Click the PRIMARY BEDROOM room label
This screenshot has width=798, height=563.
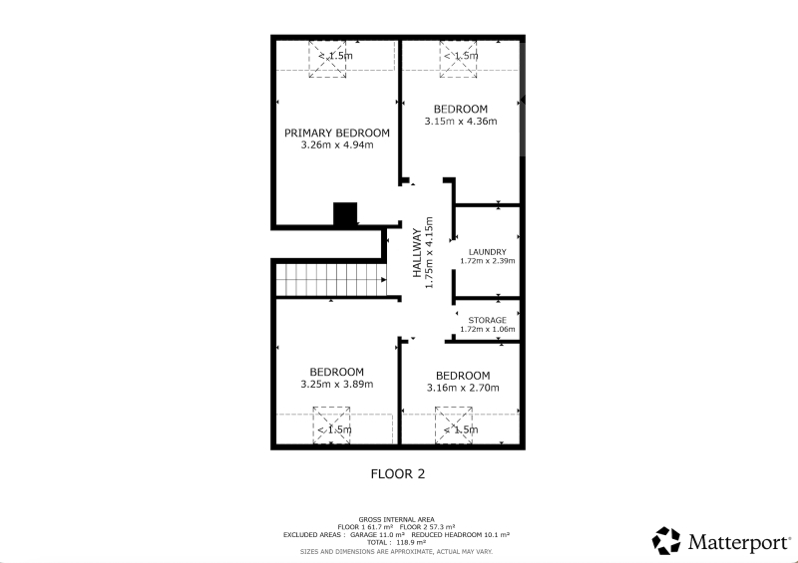[x=337, y=133]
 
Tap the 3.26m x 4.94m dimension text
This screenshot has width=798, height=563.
[x=337, y=144]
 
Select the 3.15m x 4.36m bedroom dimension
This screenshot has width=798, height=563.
[x=461, y=121]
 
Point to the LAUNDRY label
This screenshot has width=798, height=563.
[x=488, y=252]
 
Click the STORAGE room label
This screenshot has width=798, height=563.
[x=488, y=320]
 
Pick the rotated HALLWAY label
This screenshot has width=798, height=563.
[x=417, y=253]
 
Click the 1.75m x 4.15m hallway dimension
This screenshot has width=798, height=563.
[x=429, y=253]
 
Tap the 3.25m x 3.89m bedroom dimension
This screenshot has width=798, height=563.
[x=337, y=384]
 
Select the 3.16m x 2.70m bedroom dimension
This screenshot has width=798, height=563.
[x=463, y=388]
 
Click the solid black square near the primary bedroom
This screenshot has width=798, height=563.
[x=345, y=213]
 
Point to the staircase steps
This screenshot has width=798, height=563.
[x=331, y=279]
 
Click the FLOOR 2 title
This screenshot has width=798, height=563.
[x=398, y=474]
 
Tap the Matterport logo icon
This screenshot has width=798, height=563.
[x=666, y=541]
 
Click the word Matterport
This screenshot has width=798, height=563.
[x=739, y=542]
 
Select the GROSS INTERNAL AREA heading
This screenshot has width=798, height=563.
[x=396, y=519]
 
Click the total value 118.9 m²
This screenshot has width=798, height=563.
[x=411, y=542]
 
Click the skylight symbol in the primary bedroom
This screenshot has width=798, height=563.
[x=327, y=59]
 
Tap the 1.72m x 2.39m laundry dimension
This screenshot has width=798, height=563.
[x=488, y=261]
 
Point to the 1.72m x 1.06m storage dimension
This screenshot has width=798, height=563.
[x=488, y=329]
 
